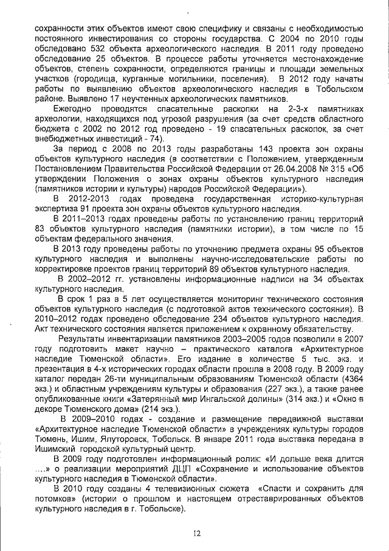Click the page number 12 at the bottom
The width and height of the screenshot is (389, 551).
point(197,533)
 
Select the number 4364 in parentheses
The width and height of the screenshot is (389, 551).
point(349,379)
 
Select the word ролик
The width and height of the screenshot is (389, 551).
point(246,458)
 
